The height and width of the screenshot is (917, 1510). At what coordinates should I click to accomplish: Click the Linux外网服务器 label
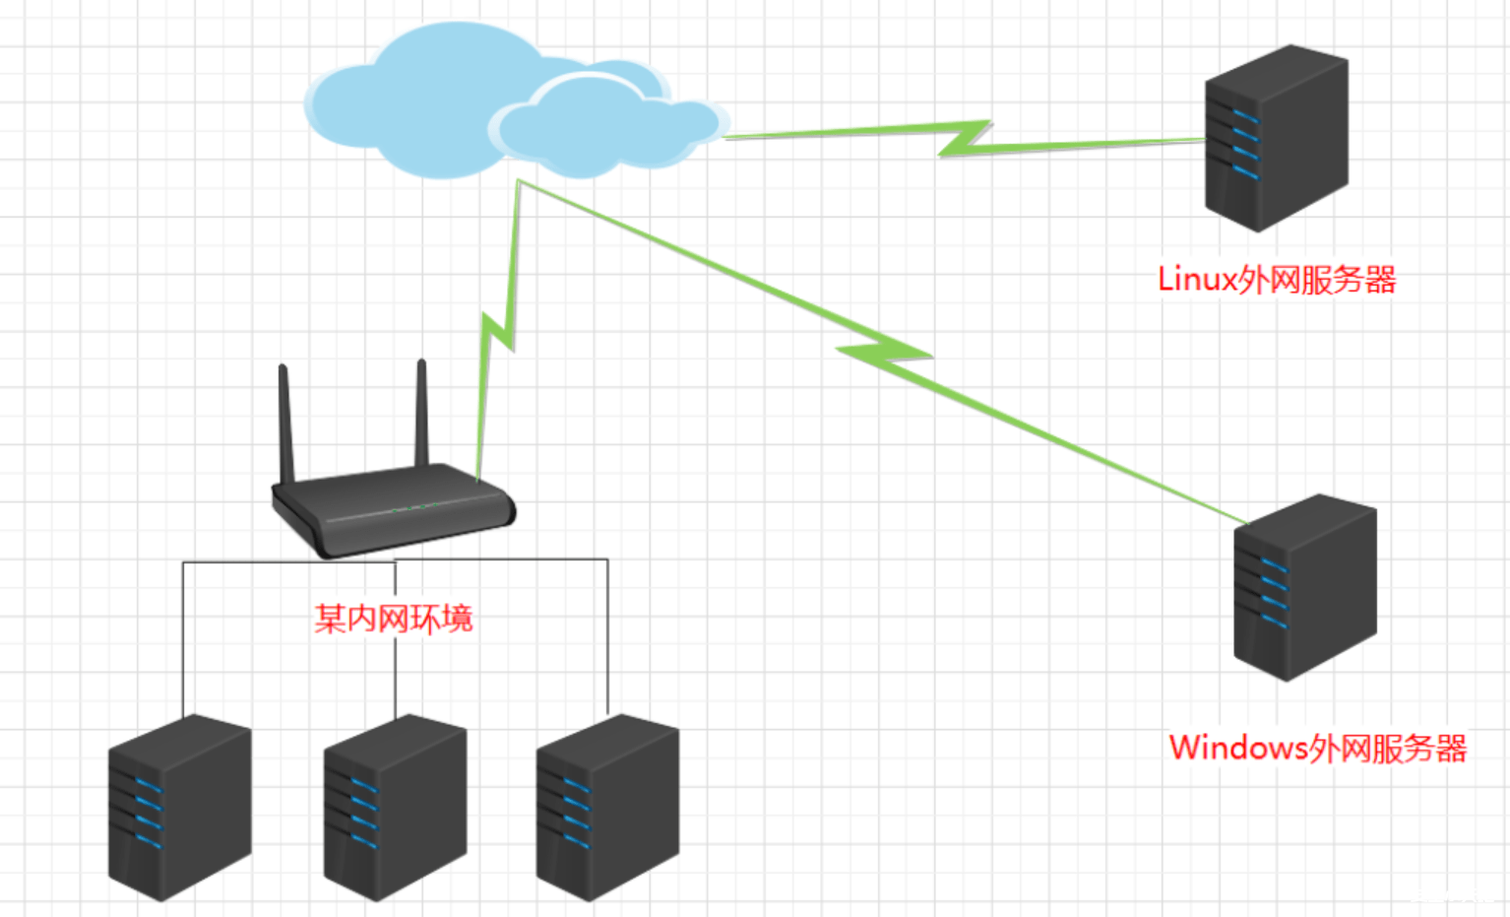tap(1277, 280)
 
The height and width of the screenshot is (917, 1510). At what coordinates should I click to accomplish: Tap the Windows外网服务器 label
tap(1317, 749)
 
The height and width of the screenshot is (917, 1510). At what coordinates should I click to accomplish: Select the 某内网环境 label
tap(394, 619)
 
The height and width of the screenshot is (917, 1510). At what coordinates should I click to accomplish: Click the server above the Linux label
tap(1277, 138)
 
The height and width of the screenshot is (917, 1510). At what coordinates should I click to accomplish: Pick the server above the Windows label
tap(1305, 587)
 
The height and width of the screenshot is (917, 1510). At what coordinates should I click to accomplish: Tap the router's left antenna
tap(286, 424)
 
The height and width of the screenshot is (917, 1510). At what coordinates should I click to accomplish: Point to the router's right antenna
tap(422, 414)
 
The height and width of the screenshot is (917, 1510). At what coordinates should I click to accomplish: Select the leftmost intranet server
tap(179, 808)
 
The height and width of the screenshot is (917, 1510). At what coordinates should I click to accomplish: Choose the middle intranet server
tap(395, 808)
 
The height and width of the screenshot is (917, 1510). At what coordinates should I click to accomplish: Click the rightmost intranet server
tap(607, 808)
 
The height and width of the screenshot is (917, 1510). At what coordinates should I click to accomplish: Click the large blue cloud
tap(413, 98)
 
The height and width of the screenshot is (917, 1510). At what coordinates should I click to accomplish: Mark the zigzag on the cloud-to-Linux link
tap(965, 139)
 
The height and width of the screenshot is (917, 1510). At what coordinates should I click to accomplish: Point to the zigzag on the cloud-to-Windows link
tap(883, 356)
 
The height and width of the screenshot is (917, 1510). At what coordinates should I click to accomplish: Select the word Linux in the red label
tap(1196, 280)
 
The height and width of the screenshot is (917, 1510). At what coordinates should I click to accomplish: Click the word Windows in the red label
tap(1237, 749)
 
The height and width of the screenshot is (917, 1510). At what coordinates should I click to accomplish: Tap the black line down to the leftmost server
tap(183, 640)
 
